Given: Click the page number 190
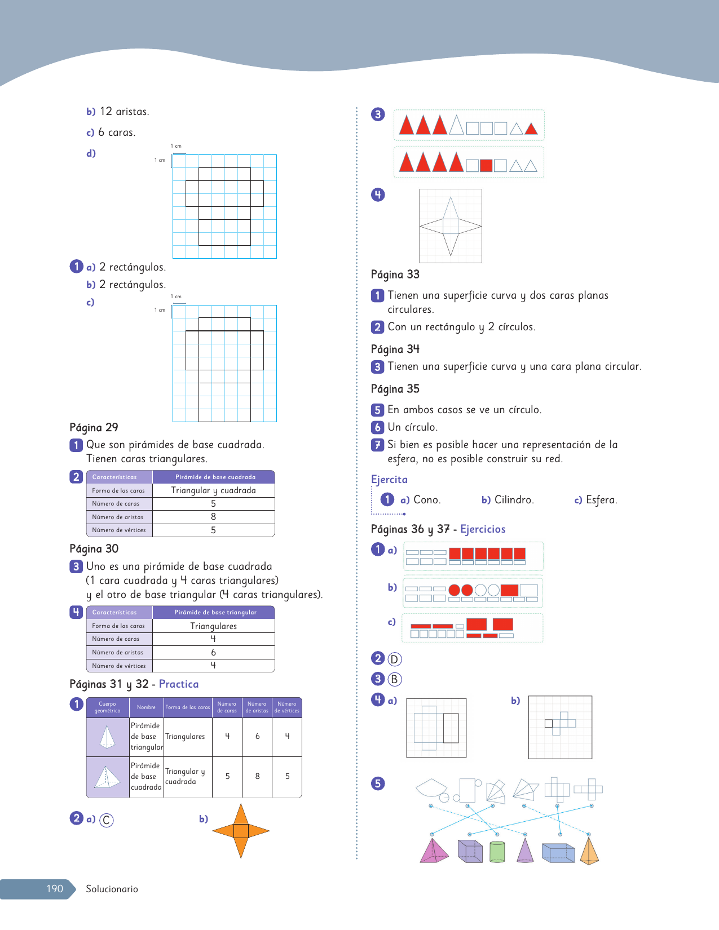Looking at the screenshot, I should pos(55,889).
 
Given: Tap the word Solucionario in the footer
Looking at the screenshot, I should pos(112,889).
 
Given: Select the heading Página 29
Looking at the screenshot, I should pos(94,427).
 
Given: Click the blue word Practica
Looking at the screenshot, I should pos(179,684).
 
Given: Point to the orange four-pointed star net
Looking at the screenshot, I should pos(241,831).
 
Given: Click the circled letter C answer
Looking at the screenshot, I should pos(106,820).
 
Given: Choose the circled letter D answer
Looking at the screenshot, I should pos(394,659).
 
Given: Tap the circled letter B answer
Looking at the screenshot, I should pos(394,679).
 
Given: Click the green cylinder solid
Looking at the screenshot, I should pos(497,852).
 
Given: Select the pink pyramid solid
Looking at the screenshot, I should pos(433,852).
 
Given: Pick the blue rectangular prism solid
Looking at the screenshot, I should pos(558,853).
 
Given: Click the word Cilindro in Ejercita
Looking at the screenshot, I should pos(514,500).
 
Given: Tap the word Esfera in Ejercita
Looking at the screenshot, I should pos(601,500).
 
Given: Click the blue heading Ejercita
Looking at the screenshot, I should pos(389,480).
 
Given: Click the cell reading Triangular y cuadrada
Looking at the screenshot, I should pos(213,490).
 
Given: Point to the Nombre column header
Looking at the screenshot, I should pos(146,707).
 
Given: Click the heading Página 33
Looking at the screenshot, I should pos(395,274).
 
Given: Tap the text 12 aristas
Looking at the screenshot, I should pos(124,112).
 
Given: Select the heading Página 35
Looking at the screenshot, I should pos(395,389).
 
